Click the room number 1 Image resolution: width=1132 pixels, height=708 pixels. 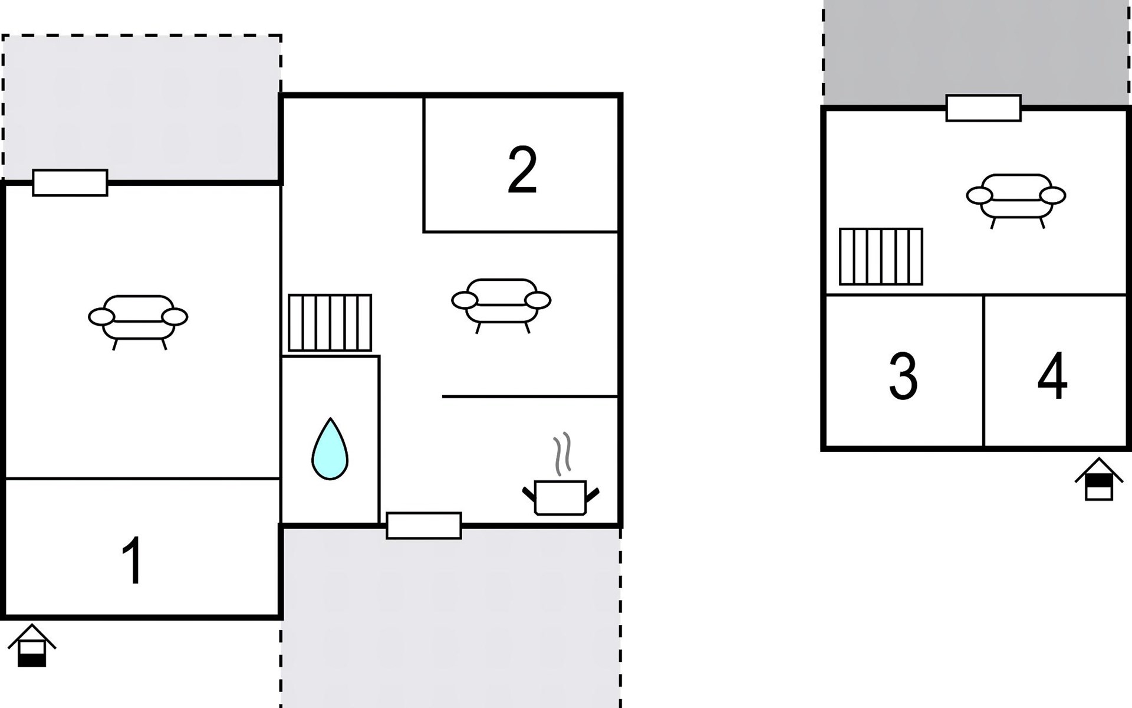coord(133,560)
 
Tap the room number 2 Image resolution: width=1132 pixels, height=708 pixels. coord(522,170)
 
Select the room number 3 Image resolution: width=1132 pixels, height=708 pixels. coord(903,376)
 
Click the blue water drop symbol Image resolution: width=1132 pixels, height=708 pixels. coord(330,449)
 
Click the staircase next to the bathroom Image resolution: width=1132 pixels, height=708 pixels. coord(330,323)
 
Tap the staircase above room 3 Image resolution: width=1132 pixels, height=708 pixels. coord(881,257)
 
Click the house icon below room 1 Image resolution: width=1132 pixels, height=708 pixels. coord(32,645)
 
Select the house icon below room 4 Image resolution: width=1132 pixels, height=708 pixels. coord(1099,479)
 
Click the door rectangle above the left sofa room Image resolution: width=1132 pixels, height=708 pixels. coord(70,183)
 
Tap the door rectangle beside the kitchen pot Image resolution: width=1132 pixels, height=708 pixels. coord(424,526)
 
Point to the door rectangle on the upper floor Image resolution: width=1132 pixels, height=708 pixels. coord(983,108)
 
